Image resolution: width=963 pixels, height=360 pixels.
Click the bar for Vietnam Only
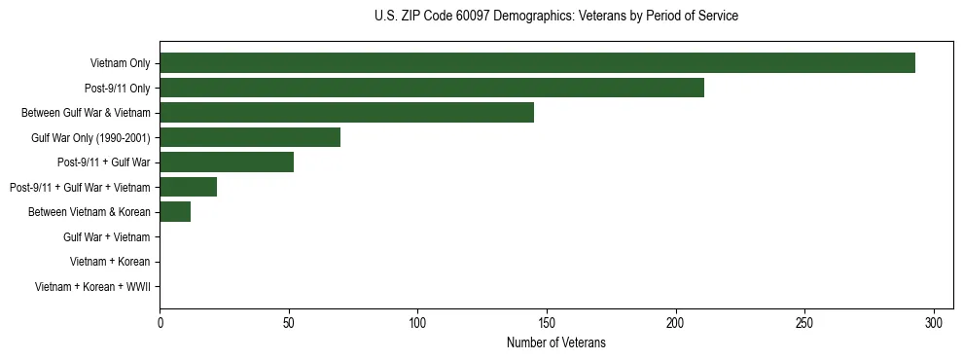pos(537,63)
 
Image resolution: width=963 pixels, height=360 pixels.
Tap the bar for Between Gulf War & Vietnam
pos(346,113)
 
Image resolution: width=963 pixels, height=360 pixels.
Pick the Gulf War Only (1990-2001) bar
pos(250,137)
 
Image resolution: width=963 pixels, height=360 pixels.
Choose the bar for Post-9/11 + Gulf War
pos(227,162)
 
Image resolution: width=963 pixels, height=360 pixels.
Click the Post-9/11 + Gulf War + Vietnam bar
pos(188,187)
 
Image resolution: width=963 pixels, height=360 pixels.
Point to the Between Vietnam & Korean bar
pos(175,212)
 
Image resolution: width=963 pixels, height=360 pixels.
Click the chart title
pos(555,17)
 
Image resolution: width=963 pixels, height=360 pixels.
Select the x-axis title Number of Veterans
pos(555,342)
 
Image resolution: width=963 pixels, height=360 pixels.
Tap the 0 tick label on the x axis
pos(160,323)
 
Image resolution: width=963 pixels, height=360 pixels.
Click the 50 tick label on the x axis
pos(289,323)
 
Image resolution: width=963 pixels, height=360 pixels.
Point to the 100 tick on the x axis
pos(417,323)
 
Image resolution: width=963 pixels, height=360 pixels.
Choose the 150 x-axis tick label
pos(547,323)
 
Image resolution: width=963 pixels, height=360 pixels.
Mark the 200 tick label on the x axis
pos(676,323)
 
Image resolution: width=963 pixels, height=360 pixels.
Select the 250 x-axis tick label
pos(804,323)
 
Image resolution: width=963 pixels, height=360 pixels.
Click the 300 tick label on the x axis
pos(934,323)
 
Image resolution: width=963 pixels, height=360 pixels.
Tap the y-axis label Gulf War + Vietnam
pos(106,236)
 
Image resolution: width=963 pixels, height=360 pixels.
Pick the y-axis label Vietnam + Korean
pos(110,262)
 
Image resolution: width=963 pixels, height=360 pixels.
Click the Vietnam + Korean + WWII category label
pos(92,286)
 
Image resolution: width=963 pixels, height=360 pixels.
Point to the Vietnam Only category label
pos(120,63)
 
